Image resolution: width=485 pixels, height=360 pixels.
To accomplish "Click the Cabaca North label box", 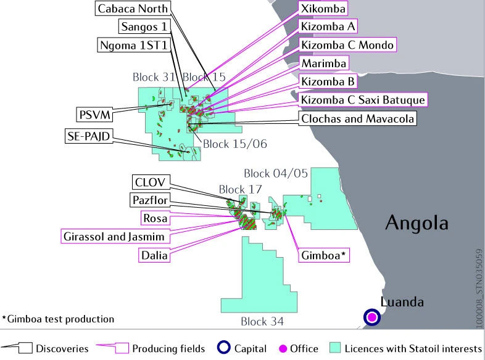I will click(x=133, y=9).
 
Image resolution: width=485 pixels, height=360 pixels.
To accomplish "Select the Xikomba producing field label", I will click(x=322, y=8).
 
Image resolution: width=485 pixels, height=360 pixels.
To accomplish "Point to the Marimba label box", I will click(x=324, y=63).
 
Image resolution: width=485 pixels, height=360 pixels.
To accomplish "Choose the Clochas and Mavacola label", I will click(x=357, y=118).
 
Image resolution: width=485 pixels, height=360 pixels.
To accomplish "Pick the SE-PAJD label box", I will click(x=87, y=136).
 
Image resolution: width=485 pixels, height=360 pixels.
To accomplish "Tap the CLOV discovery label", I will click(x=150, y=182).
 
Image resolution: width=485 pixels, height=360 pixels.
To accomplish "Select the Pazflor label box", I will click(x=150, y=200).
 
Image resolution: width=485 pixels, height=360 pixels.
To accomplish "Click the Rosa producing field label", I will click(x=154, y=218).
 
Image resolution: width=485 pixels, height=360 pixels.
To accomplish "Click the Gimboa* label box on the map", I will click(x=324, y=255).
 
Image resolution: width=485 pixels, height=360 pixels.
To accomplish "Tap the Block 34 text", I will click(x=262, y=321).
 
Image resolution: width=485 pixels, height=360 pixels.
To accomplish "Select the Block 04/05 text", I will click(x=275, y=173).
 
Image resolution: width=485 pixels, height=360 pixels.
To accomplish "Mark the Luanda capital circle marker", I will click(x=371, y=317).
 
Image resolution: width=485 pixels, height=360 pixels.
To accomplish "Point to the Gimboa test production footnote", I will click(x=59, y=319).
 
